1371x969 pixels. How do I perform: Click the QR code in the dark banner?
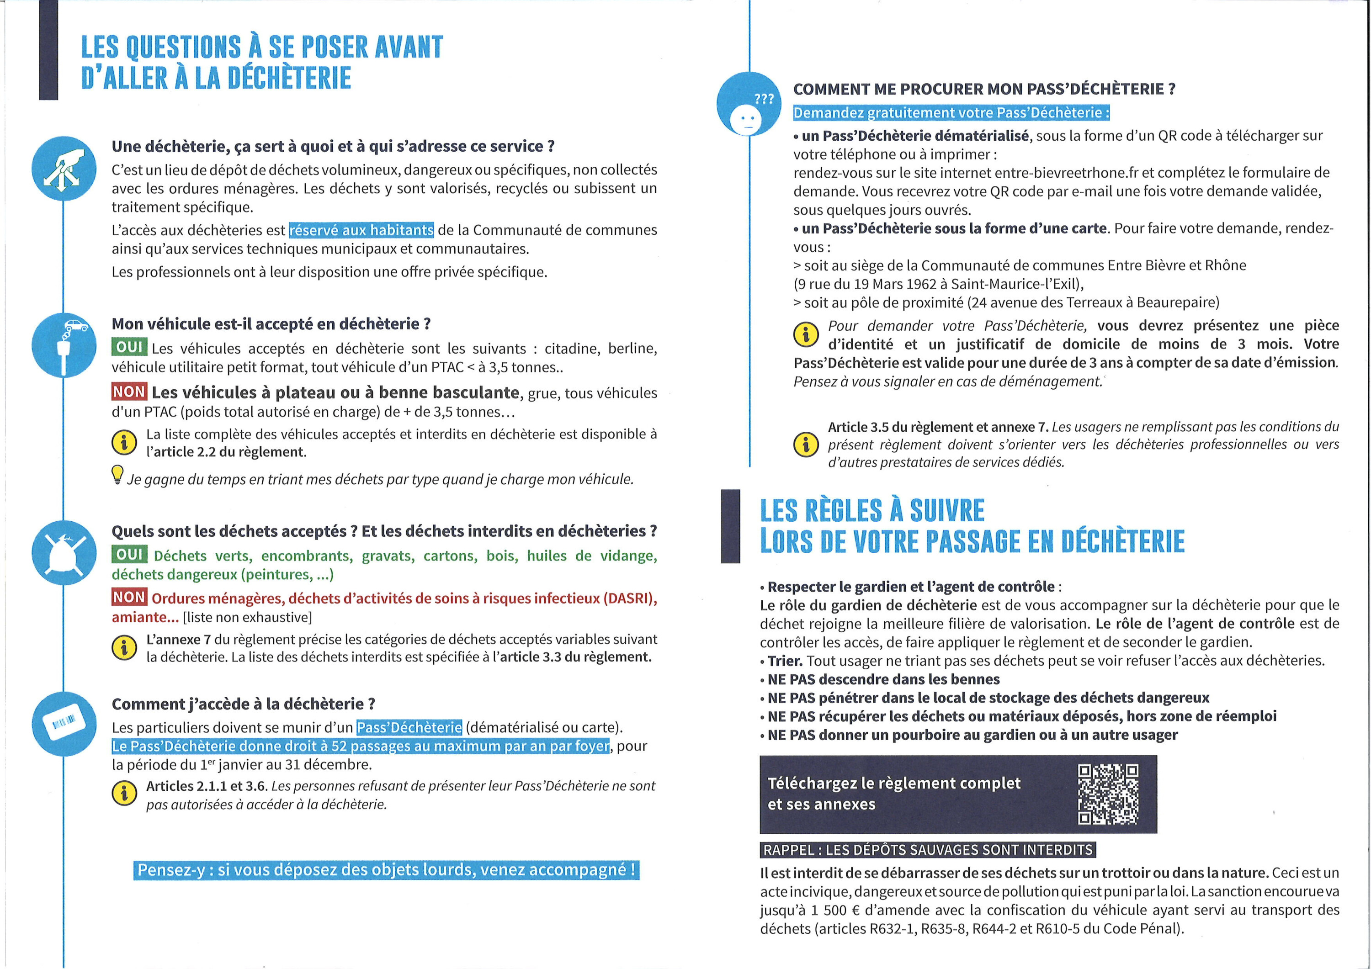[x=1108, y=794]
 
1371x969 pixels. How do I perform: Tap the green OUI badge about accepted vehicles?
[x=129, y=347]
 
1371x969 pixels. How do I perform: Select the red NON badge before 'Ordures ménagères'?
[x=129, y=597]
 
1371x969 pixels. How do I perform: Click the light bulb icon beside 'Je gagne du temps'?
[x=117, y=475]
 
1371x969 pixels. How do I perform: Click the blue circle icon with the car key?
[x=64, y=345]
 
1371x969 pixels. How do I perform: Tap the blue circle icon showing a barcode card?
[x=64, y=724]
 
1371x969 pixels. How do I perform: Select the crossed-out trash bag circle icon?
[x=64, y=552]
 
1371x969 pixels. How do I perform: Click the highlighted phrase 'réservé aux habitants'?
[x=361, y=230]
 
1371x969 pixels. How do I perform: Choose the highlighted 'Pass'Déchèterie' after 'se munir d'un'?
[x=409, y=727]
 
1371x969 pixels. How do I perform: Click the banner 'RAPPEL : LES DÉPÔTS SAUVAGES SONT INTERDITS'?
[x=928, y=850]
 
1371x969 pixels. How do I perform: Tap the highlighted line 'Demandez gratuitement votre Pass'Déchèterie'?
[x=951, y=113]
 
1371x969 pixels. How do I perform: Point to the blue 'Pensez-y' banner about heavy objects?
[x=386, y=870]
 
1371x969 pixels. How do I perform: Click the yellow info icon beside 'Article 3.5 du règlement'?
[x=806, y=444]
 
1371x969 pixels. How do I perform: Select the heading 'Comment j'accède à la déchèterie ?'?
[x=243, y=704]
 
